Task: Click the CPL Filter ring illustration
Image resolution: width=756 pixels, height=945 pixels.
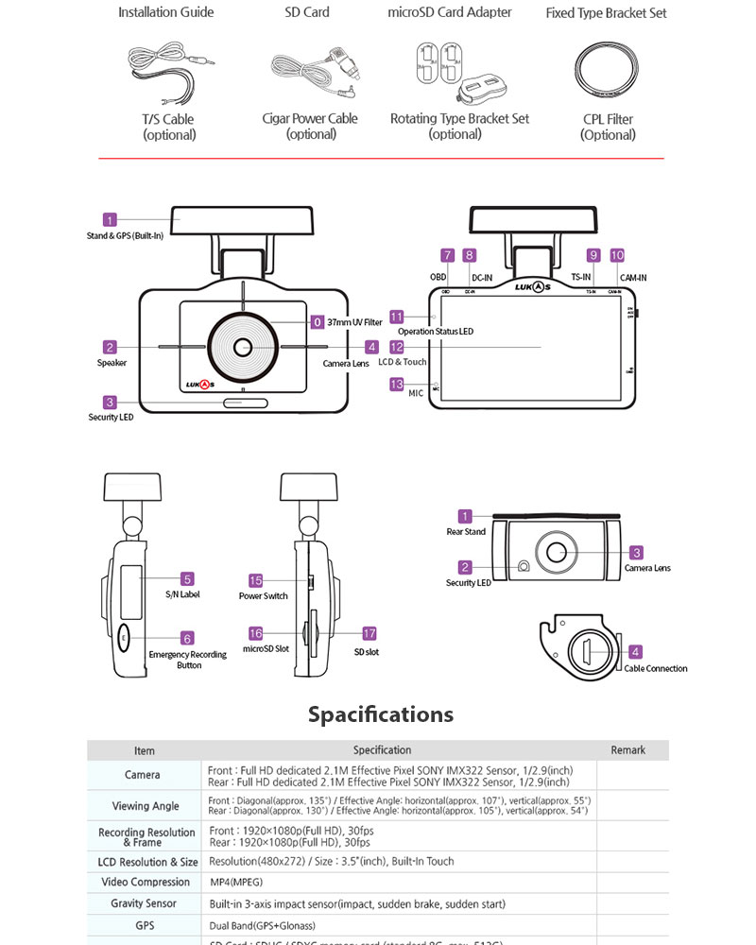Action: (608, 71)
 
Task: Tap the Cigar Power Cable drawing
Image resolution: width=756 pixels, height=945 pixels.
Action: (311, 72)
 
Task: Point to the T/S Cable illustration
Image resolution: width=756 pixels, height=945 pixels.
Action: (170, 71)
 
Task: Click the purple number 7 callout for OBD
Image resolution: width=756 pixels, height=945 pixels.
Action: (448, 255)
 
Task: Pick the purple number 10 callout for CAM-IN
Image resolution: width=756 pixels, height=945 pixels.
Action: (617, 255)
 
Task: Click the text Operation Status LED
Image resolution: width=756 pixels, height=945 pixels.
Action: (435, 332)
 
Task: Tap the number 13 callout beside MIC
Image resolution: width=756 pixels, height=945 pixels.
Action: (397, 385)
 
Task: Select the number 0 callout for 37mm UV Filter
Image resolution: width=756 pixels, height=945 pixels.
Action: (318, 321)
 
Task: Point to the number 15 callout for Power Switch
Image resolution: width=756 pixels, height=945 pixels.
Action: (255, 580)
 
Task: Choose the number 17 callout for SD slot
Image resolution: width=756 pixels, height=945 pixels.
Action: (369, 633)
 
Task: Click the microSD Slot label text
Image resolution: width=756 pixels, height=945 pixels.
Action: (266, 650)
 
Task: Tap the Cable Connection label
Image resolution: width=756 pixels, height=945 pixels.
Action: (656, 668)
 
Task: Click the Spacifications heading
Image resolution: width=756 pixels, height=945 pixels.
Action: (380, 714)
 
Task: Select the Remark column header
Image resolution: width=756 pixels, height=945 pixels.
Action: (627, 750)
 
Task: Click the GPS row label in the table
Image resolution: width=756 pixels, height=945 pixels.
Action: (145, 925)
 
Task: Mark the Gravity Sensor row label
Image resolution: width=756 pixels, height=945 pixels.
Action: (145, 903)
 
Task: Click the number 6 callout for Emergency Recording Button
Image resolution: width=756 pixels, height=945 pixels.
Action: (187, 638)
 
